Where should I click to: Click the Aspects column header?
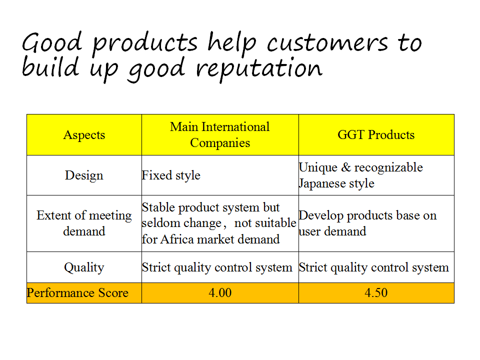[x=84, y=135]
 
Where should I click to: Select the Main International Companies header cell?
[x=220, y=134]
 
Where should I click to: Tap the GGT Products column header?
[x=376, y=134]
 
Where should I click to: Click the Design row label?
[x=84, y=175]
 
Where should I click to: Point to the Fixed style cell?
[x=171, y=175]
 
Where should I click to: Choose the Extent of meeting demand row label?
[x=84, y=223]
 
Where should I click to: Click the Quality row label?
[x=84, y=267]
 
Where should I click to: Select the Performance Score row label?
[x=77, y=293]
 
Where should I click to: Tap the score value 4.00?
[x=220, y=293]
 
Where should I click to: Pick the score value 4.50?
[x=376, y=293]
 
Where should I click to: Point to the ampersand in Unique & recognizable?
[x=346, y=167]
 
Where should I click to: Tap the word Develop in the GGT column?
[x=321, y=216]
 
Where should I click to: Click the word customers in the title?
[x=327, y=43]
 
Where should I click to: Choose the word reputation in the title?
[x=259, y=69]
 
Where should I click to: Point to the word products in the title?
[x=145, y=43]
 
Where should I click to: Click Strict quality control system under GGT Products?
[x=374, y=267]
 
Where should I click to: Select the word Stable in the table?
[x=158, y=207]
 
